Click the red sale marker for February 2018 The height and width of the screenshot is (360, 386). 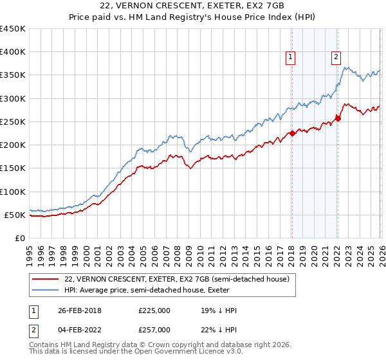(x=291, y=134)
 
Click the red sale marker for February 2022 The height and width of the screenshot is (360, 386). (x=337, y=118)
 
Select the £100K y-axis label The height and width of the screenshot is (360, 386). (x=13, y=192)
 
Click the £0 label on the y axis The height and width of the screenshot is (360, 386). (x=19, y=238)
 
